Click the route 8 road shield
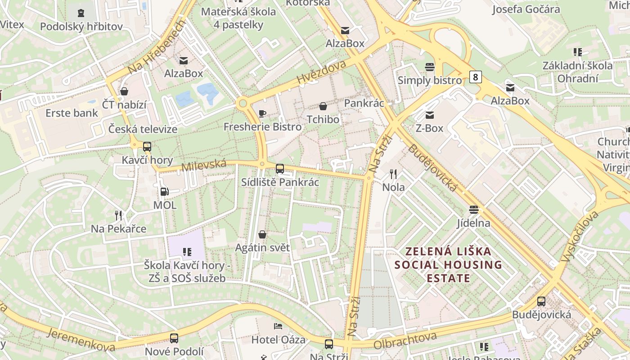[475, 77]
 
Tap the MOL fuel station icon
[165, 192]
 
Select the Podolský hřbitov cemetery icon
[81, 13]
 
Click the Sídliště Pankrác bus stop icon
[280, 169]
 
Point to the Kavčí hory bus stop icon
[147, 146]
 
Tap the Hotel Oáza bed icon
[278, 326]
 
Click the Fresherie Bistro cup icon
[262, 113]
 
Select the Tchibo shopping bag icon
[323, 106]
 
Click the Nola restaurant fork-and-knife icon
[393, 174]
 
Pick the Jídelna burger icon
[473, 209]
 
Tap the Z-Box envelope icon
[429, 115]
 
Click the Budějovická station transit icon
[541, 301]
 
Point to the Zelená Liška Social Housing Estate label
[448, 265]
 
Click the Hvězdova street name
[321, 72]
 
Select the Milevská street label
[203, 165]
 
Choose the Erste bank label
[72, 112]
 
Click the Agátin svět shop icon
[262, 234]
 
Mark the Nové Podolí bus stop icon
[174, 338]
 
